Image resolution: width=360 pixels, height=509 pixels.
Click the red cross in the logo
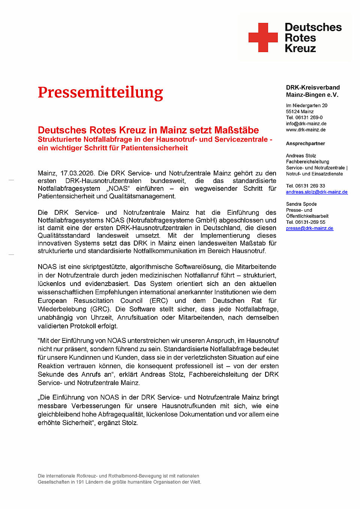263,37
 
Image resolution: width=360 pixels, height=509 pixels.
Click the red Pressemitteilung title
100,92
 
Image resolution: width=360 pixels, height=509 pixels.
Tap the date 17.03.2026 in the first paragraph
77,173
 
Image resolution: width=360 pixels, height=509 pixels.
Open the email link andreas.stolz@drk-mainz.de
316,192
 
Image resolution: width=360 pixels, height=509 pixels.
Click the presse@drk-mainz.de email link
309,228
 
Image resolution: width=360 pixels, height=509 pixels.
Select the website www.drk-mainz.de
306,130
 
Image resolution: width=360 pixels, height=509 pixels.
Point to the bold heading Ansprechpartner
305,144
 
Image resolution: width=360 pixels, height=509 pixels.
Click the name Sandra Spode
301,204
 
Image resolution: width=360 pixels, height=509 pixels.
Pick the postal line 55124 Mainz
300,111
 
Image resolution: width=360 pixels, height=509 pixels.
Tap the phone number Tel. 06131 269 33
305,186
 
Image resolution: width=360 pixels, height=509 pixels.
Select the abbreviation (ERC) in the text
159,301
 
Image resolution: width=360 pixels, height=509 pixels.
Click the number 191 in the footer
80,482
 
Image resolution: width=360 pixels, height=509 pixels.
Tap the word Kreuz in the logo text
300,48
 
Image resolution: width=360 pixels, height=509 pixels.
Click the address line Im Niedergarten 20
306,105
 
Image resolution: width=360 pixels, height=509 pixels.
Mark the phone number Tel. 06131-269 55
305,222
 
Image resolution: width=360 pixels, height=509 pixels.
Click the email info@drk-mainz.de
306,124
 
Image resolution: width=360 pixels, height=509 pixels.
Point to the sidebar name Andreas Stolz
301,156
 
